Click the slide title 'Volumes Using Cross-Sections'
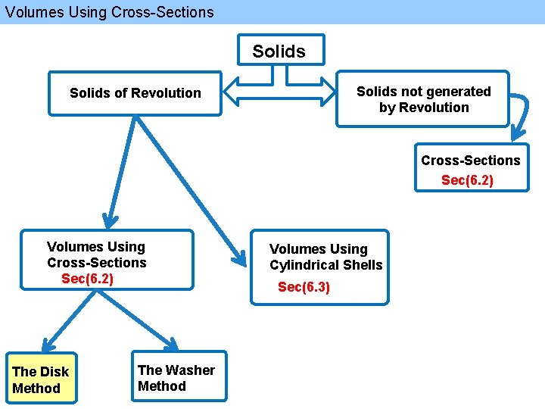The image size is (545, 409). (x=107, y=12)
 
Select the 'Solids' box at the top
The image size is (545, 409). (x=280, y=51)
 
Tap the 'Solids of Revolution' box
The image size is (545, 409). (x=135, y=93)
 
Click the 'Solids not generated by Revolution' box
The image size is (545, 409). (x=423, y=99)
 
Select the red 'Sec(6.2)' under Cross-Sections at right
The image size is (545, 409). (x=467, y=180)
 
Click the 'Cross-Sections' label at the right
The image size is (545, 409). (x=470, y=161)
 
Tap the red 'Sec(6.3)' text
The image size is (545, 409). (x=304, y=287)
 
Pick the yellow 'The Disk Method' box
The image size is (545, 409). (x=40, y=379)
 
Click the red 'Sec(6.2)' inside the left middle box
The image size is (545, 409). (x=87, y=279)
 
